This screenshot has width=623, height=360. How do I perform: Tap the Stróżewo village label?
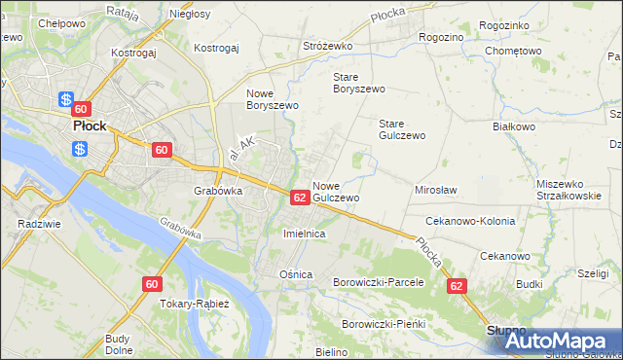click(x=327, y=46)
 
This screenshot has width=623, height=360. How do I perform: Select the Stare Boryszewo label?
click(x=359, y=82)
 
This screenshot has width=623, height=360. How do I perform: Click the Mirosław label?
click(x=436, y=191)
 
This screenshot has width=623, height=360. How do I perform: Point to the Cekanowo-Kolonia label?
click(x=470, y=221)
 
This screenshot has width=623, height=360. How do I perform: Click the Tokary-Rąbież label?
click(x=195, y=304)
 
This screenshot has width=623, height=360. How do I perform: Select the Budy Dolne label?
click(x=118, y=344)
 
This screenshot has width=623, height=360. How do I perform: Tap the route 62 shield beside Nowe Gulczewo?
click(x=300, y=198)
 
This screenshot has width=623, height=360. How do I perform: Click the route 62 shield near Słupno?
click(x=457, y=287)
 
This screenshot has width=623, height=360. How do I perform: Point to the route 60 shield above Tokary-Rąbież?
click(x=151, y=284)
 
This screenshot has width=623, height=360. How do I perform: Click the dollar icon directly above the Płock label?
click(x=66, y=99)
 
